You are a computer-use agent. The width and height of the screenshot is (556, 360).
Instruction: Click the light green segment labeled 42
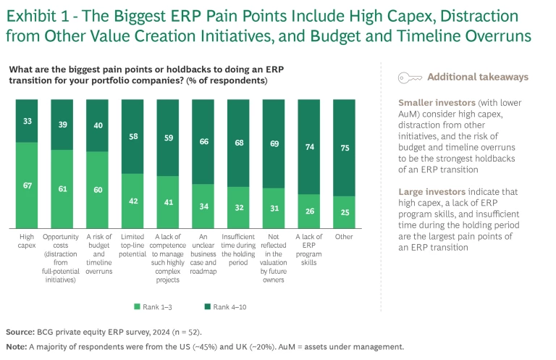pos(133,202)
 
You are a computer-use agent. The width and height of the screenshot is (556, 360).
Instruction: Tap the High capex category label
pos(26,240)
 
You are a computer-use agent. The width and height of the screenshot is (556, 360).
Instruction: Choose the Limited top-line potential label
pos(133,245)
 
